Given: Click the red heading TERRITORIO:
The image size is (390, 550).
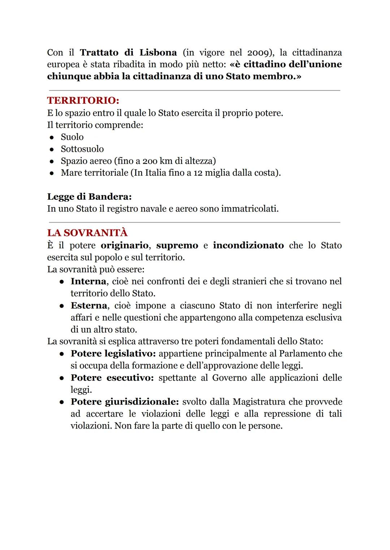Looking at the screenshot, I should pyautogui.click(x=83, y=100).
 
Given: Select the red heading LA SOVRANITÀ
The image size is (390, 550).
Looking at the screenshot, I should pyautogui.click(x=87, y=233).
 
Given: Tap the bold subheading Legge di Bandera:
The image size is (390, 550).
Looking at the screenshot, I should pyautogui.click(x=89, y=197).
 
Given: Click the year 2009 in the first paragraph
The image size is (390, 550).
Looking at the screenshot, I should pyautogui.click(x=257, y=53).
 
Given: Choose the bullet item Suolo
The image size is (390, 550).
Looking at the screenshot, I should pyautogui.click(x=72, y=137).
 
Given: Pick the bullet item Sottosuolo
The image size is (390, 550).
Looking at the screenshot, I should pyautogui.click(x=82, y=149).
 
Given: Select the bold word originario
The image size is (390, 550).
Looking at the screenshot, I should pyautogui.click(x=124, y=246).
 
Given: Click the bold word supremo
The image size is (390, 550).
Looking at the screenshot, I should pyautogui.click(x=177, y=246).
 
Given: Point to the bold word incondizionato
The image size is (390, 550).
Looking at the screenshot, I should pyautogui.click(x=248, y=246).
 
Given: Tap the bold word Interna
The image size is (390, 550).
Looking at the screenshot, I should pyautogui.click(x=88, y=281).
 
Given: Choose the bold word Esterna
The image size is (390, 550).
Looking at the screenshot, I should pyautogui.click(x=89, y=305).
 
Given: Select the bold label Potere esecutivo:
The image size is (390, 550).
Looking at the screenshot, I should pyautogui.click(x=112, y=378).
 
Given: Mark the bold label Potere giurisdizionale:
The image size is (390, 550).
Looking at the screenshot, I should pyautogui.click(x=125, y=402).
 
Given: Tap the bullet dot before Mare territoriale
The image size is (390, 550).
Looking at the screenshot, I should pyautogui.click(x=52, y=173).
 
